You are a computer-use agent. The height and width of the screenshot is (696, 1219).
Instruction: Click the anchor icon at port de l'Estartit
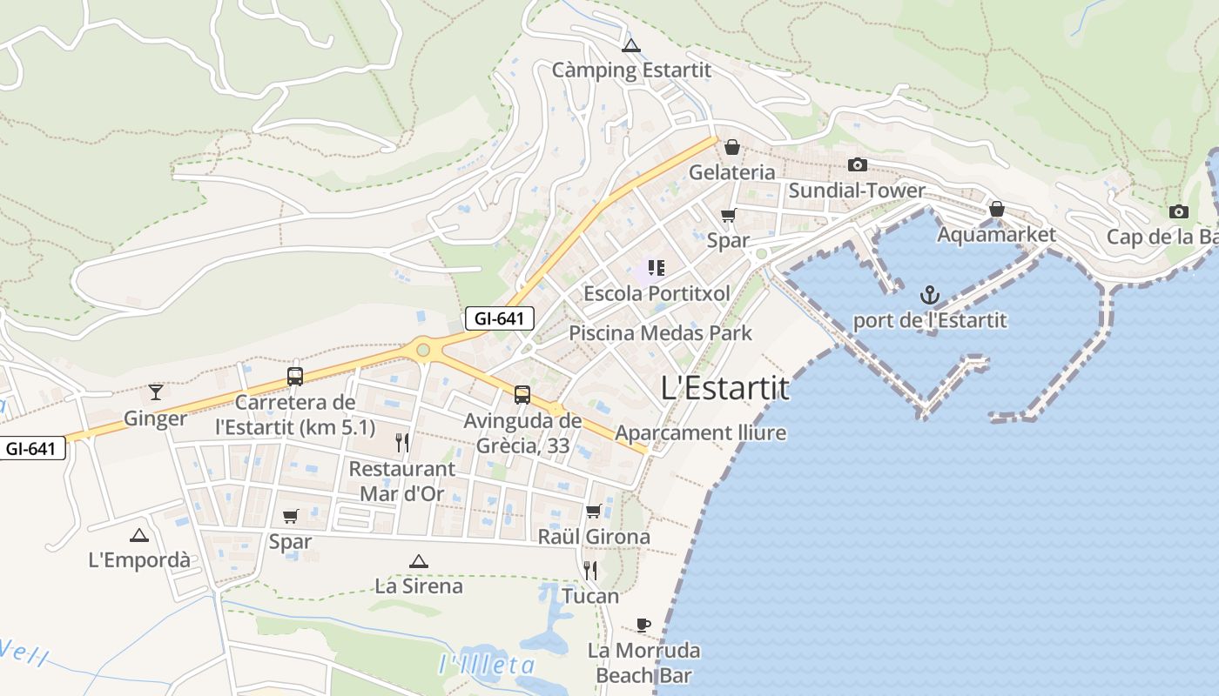point(930,294)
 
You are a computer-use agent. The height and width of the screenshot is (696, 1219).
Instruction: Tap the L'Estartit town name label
point(725,388)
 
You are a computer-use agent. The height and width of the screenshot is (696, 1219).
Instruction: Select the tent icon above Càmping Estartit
point(631,45)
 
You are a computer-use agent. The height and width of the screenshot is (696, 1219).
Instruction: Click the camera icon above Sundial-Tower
point(858,164)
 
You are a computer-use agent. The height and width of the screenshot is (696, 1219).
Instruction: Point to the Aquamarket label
point(996,234)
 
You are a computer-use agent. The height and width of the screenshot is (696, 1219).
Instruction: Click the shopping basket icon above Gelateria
point(732,147)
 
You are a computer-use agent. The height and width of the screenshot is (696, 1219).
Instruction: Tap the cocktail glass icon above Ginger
point(156,391)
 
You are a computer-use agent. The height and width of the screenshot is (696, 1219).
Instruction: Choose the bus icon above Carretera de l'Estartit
point(295,377)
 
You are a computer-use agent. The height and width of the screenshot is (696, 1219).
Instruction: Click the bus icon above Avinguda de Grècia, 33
point(522,394)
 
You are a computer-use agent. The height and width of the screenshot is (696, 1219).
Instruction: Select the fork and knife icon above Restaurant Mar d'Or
point(402,443)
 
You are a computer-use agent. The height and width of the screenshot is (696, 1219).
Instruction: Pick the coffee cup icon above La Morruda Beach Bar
point(643,624)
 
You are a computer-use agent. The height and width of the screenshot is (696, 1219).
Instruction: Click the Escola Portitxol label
point(657,293)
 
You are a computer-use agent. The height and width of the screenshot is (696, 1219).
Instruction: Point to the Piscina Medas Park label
point(660,332)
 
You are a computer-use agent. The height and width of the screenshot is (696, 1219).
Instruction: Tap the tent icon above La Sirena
point(419,561)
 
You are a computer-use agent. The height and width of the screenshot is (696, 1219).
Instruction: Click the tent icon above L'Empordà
point(139,535)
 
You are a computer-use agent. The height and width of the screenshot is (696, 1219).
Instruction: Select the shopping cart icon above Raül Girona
point(594,511)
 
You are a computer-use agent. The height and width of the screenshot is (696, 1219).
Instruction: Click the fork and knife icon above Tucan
point(590,570)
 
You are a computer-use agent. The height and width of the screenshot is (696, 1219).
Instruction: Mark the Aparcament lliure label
point(700,432)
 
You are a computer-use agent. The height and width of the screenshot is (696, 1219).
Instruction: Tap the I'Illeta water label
point(487,666)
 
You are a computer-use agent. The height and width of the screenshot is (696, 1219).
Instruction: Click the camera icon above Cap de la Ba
point(1179,211)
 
